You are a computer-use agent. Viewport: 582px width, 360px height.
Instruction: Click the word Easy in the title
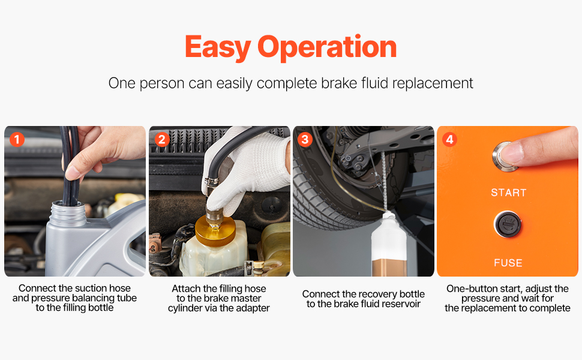(218, 47)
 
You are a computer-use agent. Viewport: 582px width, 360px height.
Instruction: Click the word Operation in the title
(327, 47)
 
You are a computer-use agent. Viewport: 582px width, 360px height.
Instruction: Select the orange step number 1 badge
(17, 140)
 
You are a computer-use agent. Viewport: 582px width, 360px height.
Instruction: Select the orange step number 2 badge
(161, 140)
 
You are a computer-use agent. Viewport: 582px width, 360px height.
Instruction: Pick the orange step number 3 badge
(305, 140)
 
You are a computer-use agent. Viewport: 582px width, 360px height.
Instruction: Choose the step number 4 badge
(449, 140)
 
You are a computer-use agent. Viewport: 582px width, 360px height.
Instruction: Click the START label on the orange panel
(509, 193)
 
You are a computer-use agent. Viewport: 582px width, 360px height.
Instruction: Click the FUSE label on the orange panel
(508, 263)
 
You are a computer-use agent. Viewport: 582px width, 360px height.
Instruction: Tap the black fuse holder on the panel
(508, 224)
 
